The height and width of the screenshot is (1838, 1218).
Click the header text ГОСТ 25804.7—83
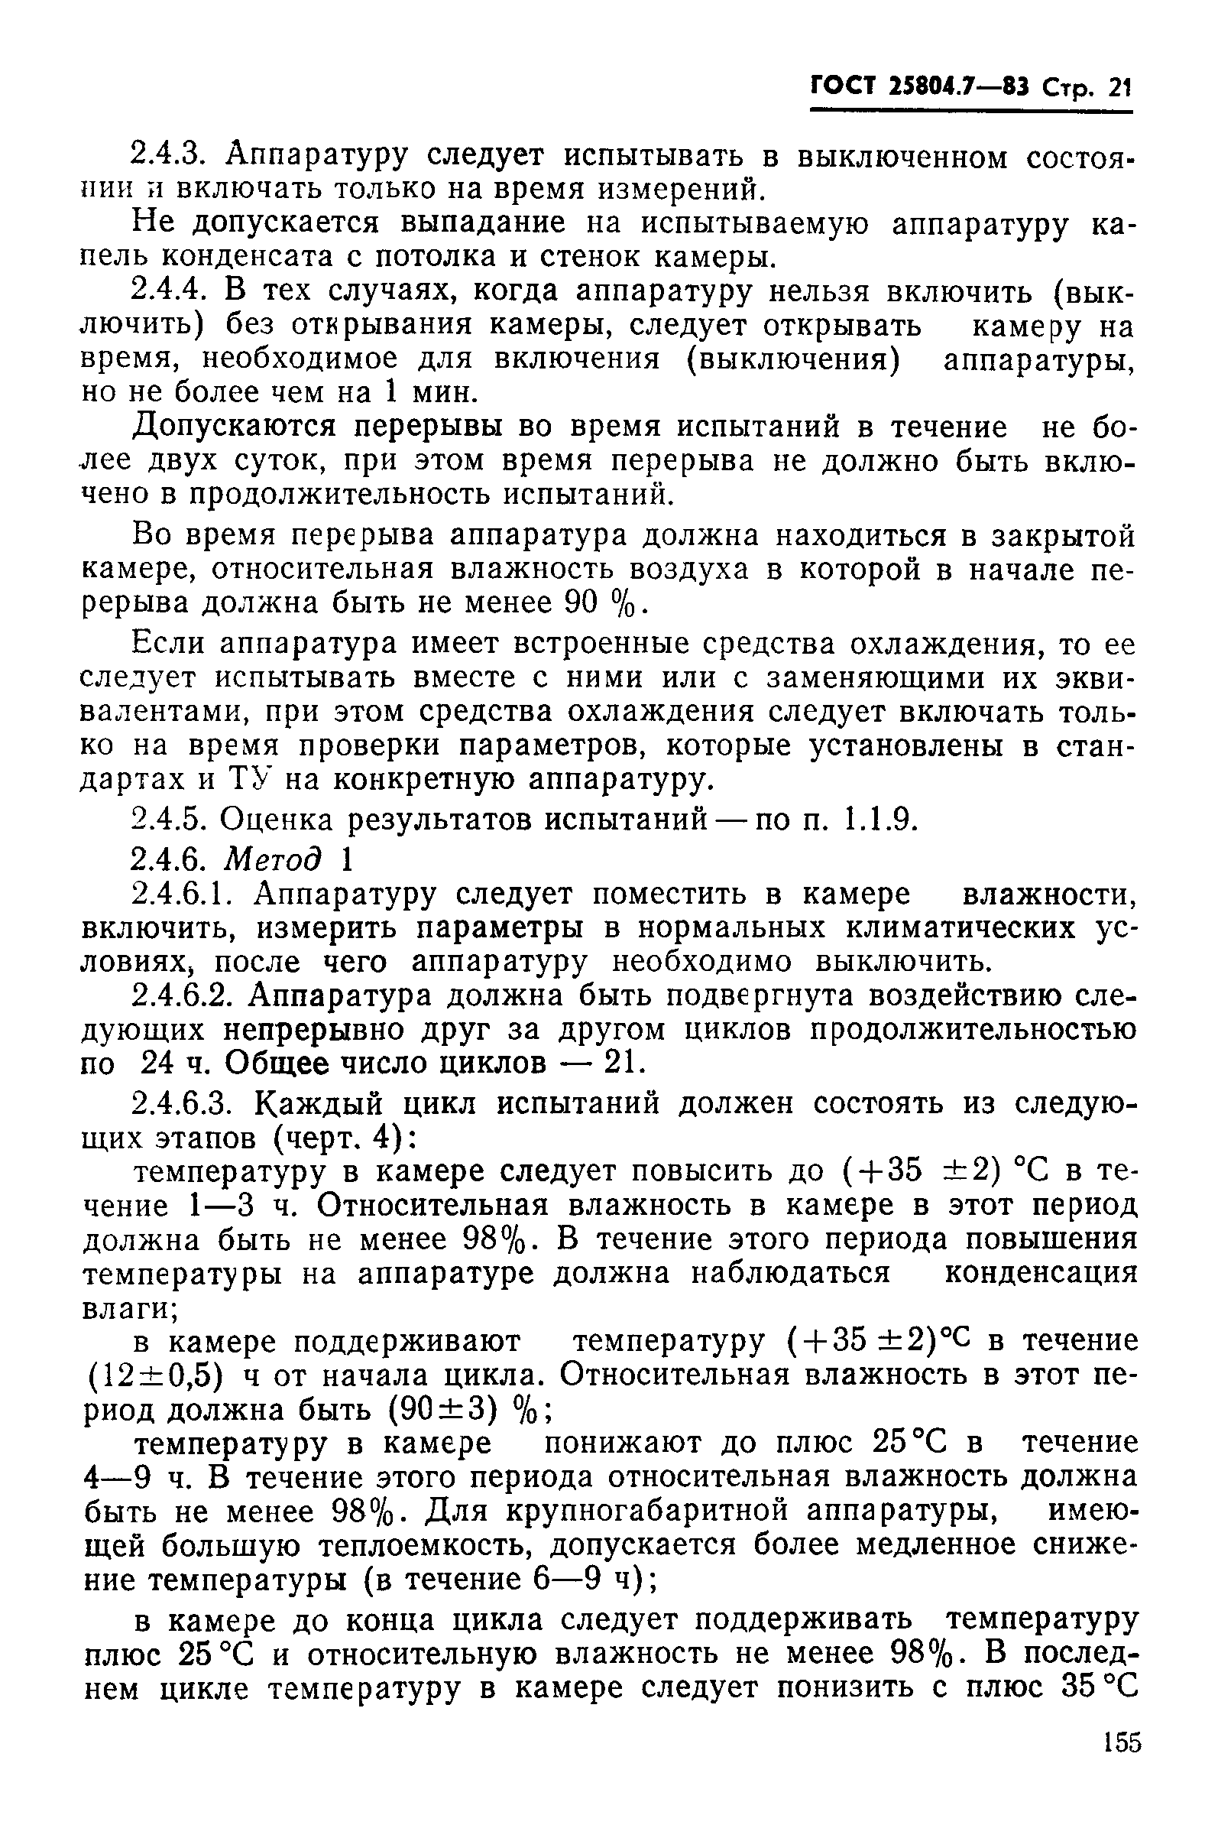(920, 86)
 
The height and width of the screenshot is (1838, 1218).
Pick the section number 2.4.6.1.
(185, 894)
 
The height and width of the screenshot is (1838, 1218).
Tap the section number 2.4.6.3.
(185, 1102)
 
